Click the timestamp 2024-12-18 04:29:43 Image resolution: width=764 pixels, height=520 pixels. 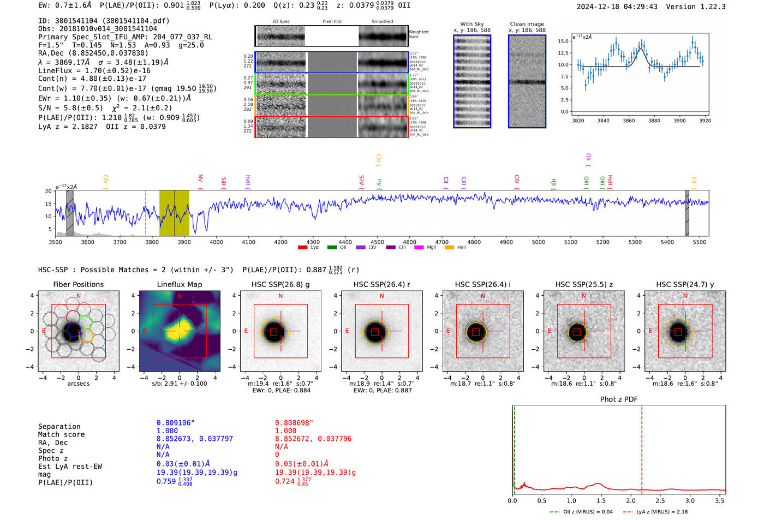pyautogui.click(x=617, y=7)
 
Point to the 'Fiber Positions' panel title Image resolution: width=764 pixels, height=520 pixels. pyautogui.click(x=79, y=284)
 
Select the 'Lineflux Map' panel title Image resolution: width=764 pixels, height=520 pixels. pyautogui.click(x=180, y=284)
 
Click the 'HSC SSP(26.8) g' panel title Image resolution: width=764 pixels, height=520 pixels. pyautogui.click(x=280, y=284)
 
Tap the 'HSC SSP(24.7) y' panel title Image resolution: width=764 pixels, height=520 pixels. pyautogui.click(x=685, y=284)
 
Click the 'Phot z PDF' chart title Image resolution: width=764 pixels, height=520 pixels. pyautogui.click(x=619, y=399)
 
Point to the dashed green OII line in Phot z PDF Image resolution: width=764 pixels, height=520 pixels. pyautogui.click(x=514, y=447)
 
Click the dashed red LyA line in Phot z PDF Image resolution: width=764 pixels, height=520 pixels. pyautogui.click(x=642, y=447)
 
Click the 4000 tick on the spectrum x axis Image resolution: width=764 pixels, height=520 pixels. pyautogui.click(x=216, y=242)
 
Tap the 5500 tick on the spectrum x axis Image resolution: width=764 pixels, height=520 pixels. pyautogui.click(x=700, y=242)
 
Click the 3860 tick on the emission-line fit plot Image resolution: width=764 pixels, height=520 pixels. pyautogui.click(x=629, y=121)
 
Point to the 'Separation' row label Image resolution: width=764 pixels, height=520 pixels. pyautogui.click(x=59, y=427)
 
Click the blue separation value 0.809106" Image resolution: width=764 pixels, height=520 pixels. pyautogui.click(x=176, y=423)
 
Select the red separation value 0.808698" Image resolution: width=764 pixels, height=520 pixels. pyautogui.click(x=294, y=423)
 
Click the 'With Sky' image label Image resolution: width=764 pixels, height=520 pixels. pyautogui.click(x=472, y=24)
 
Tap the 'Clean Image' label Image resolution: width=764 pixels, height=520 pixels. pyautogui.click(x=527, y=24)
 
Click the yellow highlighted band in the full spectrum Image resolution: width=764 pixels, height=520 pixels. pyautogui.click(x=174, y=213)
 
